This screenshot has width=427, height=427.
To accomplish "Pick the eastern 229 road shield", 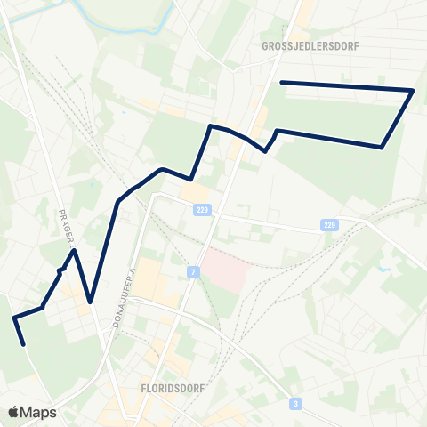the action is point(330,225).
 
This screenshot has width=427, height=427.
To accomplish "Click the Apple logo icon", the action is point(13,412).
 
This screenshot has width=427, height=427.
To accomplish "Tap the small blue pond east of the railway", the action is point(384,268).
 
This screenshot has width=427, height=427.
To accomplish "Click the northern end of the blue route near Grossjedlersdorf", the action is point(282,83).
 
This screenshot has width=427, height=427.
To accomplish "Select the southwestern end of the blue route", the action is point(24,344).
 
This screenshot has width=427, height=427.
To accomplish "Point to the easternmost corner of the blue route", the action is point(414,90).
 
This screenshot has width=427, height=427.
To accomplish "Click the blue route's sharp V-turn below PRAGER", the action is point(91,301).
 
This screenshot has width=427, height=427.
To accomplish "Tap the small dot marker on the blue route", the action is point(60,270).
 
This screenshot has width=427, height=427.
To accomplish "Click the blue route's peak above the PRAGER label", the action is point(75,250).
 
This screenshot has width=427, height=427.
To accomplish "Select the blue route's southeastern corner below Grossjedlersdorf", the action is point(382,147).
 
